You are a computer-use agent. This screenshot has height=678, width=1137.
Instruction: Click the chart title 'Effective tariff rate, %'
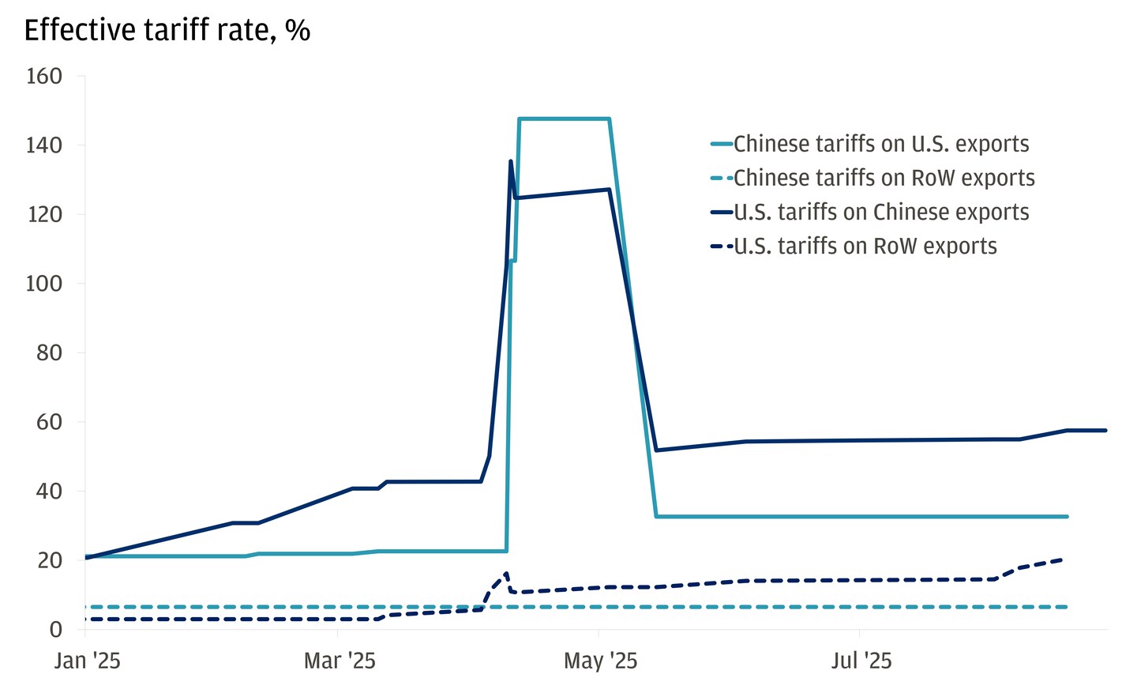(x=167, y=31)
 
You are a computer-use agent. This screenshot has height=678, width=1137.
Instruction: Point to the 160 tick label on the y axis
(x=44, y=77)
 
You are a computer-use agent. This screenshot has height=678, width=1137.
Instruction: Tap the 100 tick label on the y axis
(x=44, y=284)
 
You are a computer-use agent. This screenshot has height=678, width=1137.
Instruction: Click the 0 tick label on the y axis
(x=55, y=630)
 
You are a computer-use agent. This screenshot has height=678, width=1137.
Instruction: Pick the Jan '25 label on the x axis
(x=87, y=661)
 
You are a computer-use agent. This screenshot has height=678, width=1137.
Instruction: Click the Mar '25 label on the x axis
(x=340, y=661)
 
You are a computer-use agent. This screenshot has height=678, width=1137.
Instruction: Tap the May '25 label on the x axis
(x=600, y=661)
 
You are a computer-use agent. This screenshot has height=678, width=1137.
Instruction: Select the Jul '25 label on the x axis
(x=861, y=661)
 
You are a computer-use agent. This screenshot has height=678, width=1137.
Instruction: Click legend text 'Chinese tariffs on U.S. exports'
(x=881, y=145)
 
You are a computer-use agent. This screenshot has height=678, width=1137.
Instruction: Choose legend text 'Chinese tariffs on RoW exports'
(x=884, y=179)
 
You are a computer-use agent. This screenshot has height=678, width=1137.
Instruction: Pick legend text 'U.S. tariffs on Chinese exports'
(x=881, y=213)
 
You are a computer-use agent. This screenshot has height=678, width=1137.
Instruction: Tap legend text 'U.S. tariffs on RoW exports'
(x=865, y=247)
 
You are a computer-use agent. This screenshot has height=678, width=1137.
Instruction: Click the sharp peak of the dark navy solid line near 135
(x=511, y=161)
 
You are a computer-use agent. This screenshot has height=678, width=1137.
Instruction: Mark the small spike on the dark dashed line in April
(x=506, y=574)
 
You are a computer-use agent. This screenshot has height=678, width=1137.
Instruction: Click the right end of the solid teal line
(x=1067, y=517)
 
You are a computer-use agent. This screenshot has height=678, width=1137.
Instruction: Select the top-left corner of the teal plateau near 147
(x=520, y=119)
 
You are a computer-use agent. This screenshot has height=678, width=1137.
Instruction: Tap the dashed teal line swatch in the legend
(x=722, y=179)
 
